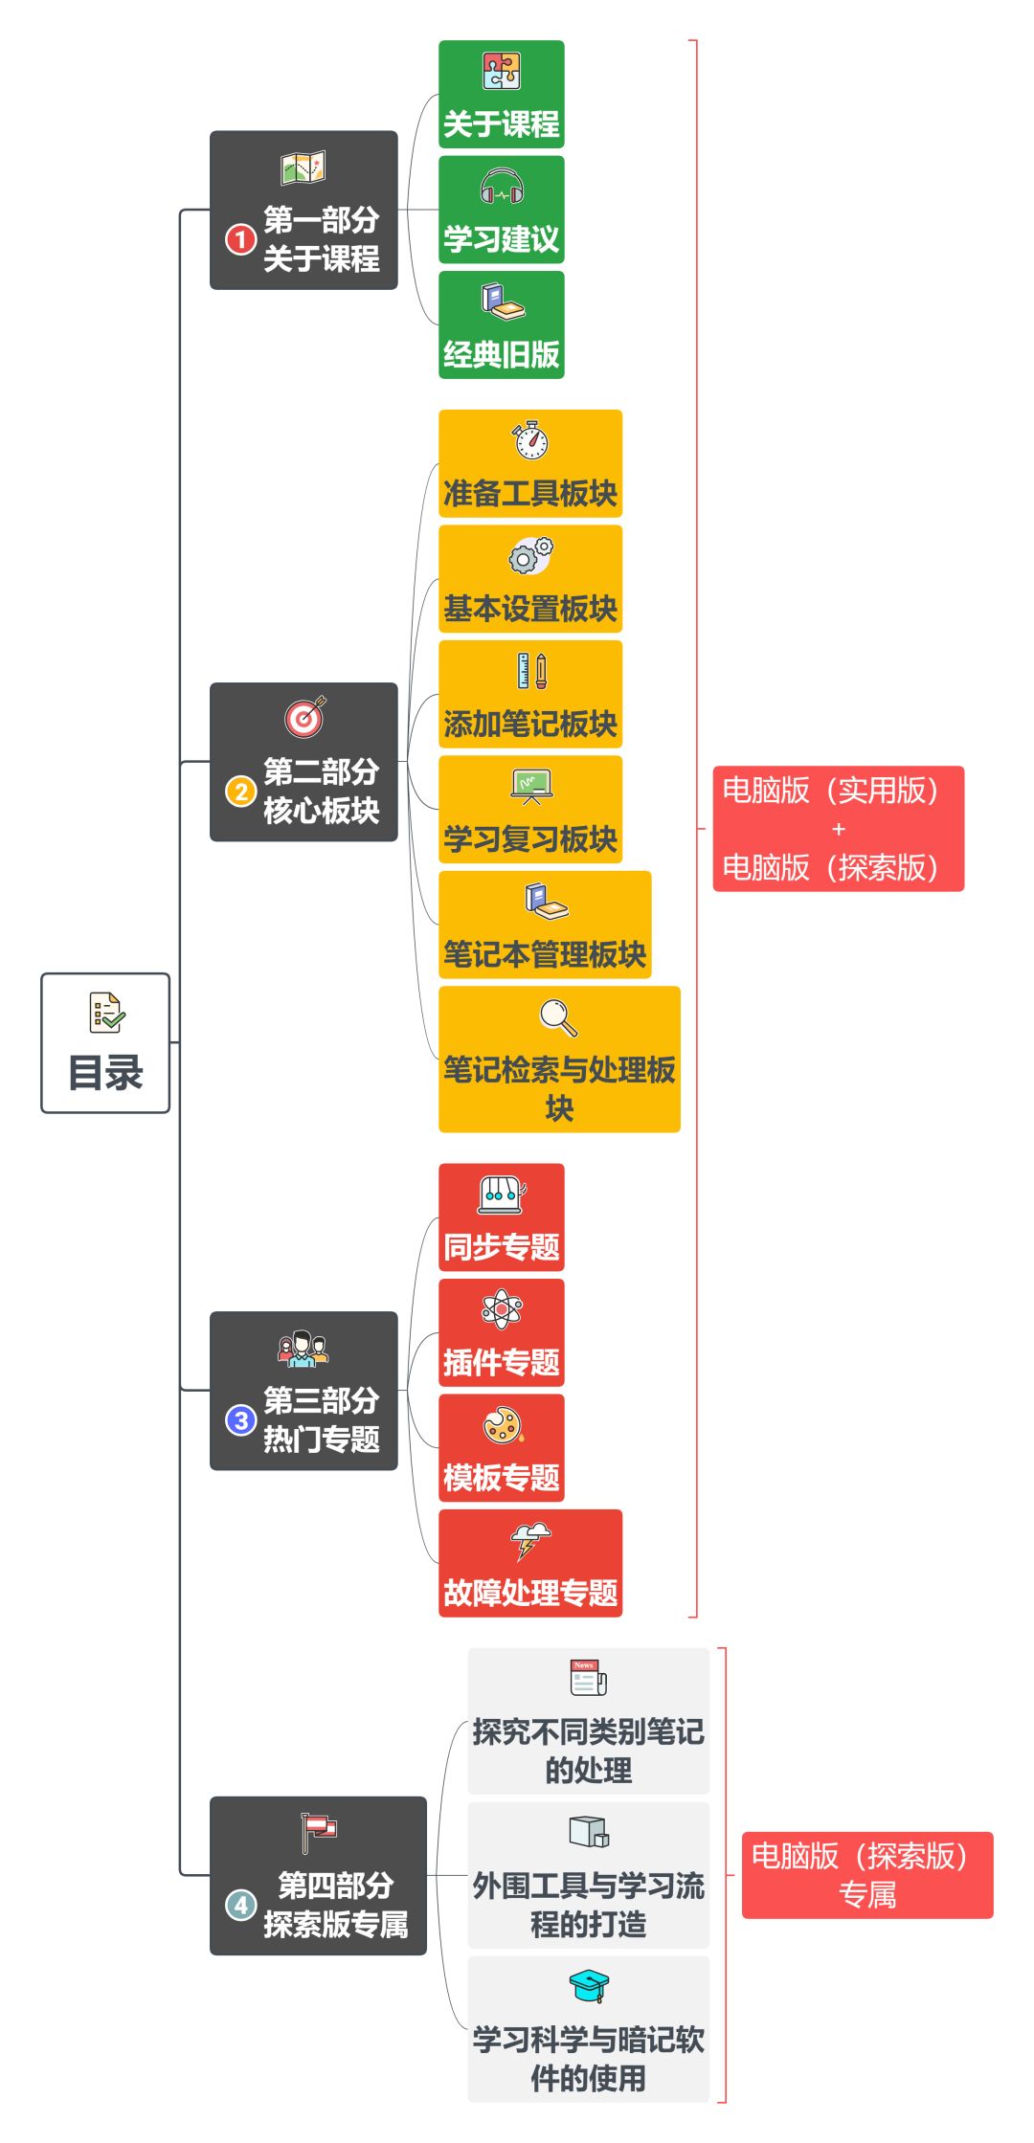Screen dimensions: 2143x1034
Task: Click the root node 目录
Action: [x=105, y=1042]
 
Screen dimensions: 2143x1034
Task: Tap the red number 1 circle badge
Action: [x=240, y=239]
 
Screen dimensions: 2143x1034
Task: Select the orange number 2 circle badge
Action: [x=240, y=792]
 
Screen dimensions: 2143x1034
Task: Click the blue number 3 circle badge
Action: [x=240, y=1420]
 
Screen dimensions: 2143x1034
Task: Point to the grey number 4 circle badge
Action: [x=240, y=1905]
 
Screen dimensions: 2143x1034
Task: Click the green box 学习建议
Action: [x=501, y=210]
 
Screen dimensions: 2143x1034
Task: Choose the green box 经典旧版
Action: [x=501, y=325]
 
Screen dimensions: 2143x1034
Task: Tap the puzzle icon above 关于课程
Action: [x=501, y=71]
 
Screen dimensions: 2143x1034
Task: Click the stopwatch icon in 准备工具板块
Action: [x=530, y=440]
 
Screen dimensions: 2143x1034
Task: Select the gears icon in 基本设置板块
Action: [x=530, y=555]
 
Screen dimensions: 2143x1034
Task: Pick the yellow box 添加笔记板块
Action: [x=530, y=695]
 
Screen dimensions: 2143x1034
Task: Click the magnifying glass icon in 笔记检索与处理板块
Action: [x=559, y=1018]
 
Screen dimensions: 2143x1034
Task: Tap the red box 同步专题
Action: [x=501, y=1217]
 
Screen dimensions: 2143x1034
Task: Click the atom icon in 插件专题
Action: [x=502, y=1309]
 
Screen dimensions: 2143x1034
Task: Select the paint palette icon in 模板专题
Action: [x=502, y=1425]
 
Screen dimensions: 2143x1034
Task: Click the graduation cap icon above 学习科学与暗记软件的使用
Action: [x=589, y=1986]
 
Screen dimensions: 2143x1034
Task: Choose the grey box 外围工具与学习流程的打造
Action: [x=589, y=1875]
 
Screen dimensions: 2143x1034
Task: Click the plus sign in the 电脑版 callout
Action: [x=839, y=829]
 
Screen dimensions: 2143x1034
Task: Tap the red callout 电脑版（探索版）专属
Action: [x=867, y=1875]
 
